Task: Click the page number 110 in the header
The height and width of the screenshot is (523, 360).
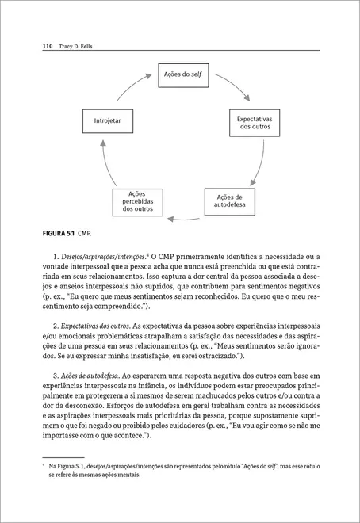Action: coord(47,47)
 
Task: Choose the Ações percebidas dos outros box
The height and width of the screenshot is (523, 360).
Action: coord(133,201)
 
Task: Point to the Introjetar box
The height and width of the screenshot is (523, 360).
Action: coord(108,121)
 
